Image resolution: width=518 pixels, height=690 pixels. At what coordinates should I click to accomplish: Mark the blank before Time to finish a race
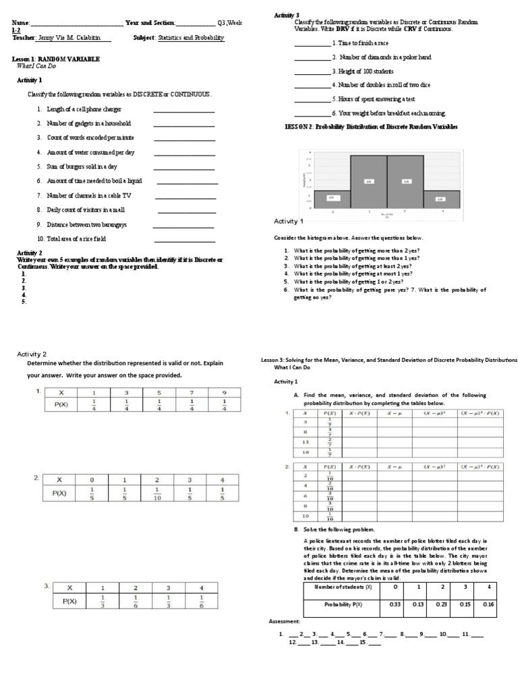click(x=312, y=43)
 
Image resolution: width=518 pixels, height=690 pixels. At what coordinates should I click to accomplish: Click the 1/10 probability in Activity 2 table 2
click(x=157, y=493)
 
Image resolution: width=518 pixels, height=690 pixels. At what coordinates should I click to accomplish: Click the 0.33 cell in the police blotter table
click(x=395, y=604)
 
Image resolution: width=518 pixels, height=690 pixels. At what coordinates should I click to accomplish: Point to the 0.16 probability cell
click(x=488, y=604)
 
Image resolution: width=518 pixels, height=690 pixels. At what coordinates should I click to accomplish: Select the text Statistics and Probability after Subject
click(x=191, y=38)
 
